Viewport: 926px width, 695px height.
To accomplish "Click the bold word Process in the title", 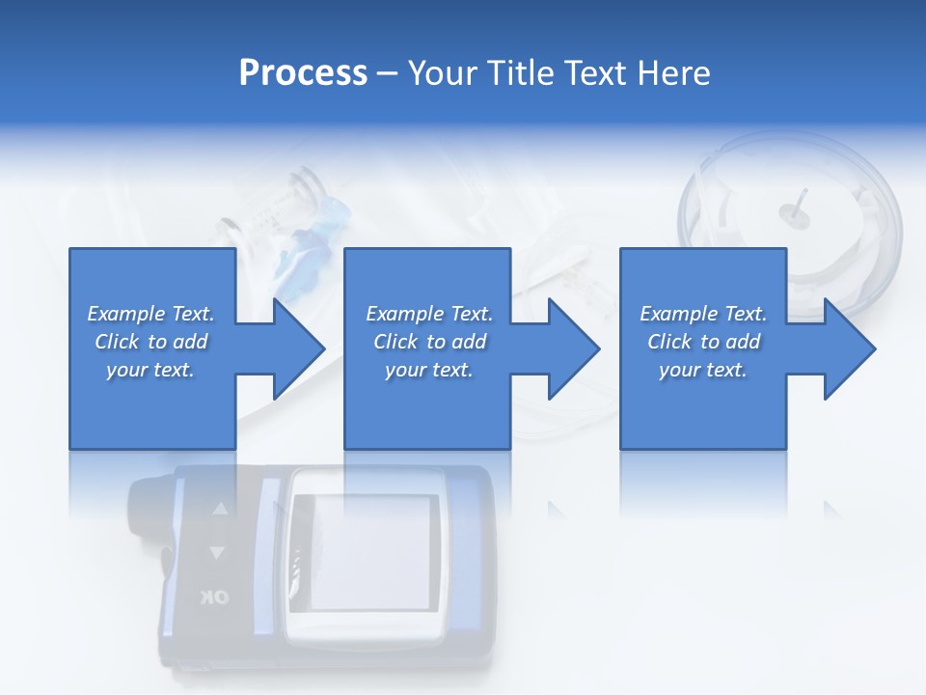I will [303, 73].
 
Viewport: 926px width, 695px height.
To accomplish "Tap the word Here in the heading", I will [674, 73].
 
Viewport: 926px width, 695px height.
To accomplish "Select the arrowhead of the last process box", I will [848, 348].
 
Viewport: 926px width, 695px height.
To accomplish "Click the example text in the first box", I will [150, 342].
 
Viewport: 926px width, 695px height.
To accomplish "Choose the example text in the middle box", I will [428, 342].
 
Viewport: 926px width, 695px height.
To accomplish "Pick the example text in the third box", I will [703, 342].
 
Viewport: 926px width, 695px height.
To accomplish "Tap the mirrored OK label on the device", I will [215, 598].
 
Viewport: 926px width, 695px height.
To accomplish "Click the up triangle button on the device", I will [220, 508].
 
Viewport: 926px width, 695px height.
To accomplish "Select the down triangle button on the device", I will [217, 552].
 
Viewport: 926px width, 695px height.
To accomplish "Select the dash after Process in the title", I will [387, 74].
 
